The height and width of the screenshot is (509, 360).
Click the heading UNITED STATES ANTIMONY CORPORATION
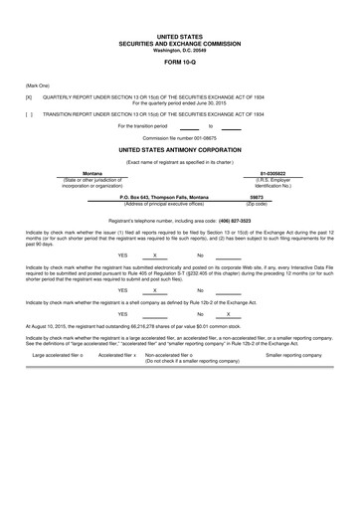[x=180, y=147]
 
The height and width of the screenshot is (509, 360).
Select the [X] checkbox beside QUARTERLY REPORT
[x=29, y=98]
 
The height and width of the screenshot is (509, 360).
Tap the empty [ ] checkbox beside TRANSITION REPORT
[x=29, y=114]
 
